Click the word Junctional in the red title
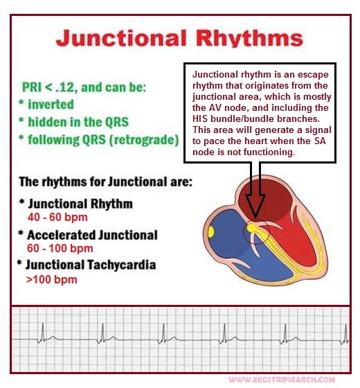[x=120, y=38]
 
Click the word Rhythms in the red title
[x=249, y=38]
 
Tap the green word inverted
[x=51, y=104]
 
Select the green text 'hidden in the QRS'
[x=78, y=122]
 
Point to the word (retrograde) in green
[x=144, y=140]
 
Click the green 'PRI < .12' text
[x=48, y=87]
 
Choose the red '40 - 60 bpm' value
[x=57, y=218]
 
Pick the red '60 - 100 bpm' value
[x=60, y=248]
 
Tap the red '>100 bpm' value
[x=52, y=280]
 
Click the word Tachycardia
[x=122, y=265]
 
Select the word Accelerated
[x=62, y=235]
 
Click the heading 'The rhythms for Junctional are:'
[x=105, y=182]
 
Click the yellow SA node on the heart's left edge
[x=211, y=232]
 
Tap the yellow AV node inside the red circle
[x=251, y=228]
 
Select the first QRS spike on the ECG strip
[x=42, y=333]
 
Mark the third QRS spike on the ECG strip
[x=163, y=333]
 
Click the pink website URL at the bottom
[x=282, y=380]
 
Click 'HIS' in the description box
[x=200, y=118]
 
